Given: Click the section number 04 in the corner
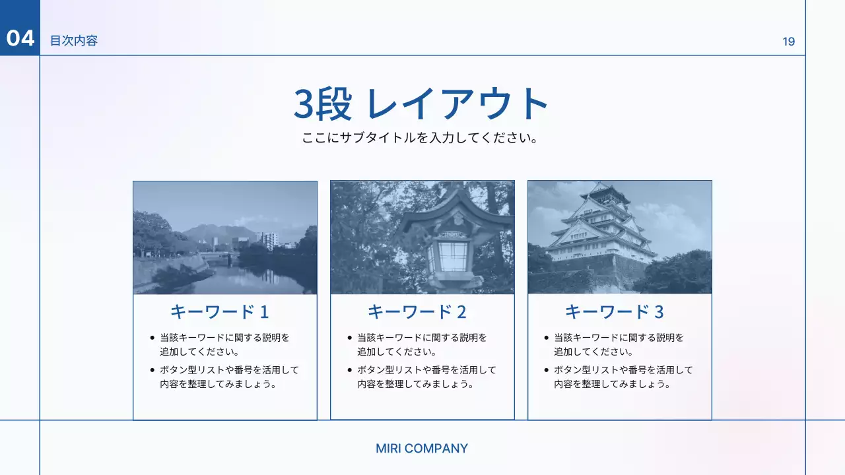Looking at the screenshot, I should point(20,38).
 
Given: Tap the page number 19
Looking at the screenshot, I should point(788,42).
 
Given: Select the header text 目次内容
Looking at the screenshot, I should point(74,41).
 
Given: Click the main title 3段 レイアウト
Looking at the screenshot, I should point(422,104).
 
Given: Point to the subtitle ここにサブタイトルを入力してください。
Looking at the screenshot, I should point(422,139).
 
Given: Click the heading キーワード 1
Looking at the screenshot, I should point(219,311).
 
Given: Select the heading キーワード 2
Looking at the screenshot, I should point(417,311).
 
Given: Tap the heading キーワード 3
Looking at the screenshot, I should point(614,311).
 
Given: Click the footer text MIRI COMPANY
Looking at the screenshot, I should point(422,449).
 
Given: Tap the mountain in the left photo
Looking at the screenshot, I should point(218,232).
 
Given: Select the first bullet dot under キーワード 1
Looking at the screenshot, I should point(152,338).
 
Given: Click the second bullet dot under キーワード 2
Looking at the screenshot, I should point(350,370).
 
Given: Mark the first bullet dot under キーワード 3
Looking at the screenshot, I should point(547,338).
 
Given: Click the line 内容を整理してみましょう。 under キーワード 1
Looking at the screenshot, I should point(217,384).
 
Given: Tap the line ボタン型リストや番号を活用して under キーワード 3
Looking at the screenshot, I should point(623,370).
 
